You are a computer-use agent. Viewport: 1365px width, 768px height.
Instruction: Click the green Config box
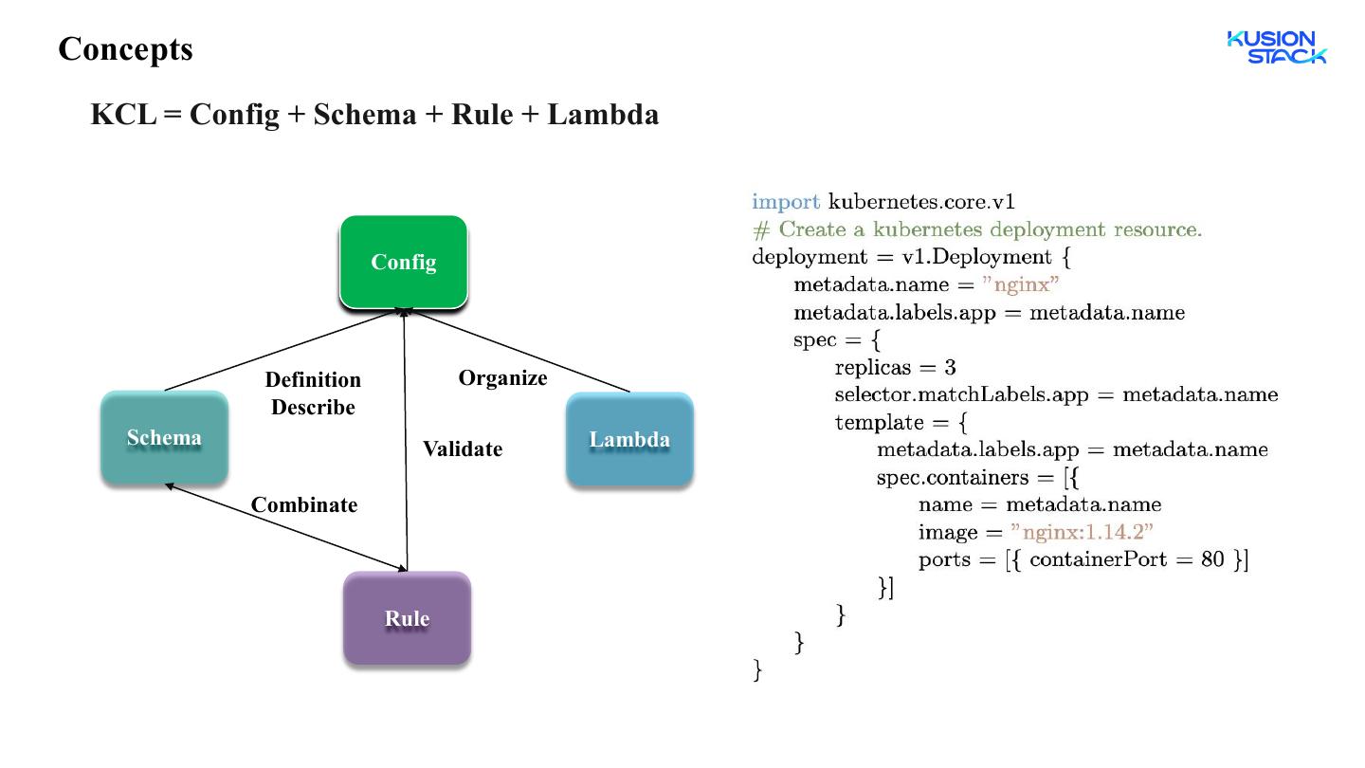point(404,262)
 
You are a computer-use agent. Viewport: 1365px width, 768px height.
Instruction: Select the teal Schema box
point(165,438)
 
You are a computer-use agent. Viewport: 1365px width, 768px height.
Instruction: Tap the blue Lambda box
point(629,440)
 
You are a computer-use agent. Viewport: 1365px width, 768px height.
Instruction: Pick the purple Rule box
point(407,618)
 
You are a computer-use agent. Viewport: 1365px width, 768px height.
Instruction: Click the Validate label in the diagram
point(463,449)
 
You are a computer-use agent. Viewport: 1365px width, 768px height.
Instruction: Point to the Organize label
point(502,378)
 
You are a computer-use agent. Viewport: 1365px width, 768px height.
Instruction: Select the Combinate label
point(304,504)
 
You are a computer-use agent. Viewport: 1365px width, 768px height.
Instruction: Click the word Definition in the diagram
point(313,379)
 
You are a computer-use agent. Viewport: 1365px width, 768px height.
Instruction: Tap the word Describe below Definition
point(313,407)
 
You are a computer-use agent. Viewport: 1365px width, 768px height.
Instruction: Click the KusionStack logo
point(1277,47)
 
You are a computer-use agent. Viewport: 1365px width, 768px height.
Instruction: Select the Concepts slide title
point(125,48)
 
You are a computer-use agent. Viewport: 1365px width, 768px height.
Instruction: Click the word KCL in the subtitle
point(123,114)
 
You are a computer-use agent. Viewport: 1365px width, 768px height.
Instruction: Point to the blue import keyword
point(786,202)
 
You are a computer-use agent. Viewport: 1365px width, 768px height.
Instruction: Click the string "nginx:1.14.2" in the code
point(1082,532)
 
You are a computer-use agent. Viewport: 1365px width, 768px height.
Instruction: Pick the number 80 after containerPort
point(1212,559)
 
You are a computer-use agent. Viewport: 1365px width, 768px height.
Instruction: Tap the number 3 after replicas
point(950,368)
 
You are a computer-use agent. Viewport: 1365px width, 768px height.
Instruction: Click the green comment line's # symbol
point(761,229)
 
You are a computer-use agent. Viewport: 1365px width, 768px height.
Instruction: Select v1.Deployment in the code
point(976,257)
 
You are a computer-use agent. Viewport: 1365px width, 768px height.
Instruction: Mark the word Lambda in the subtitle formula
point(603,114)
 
